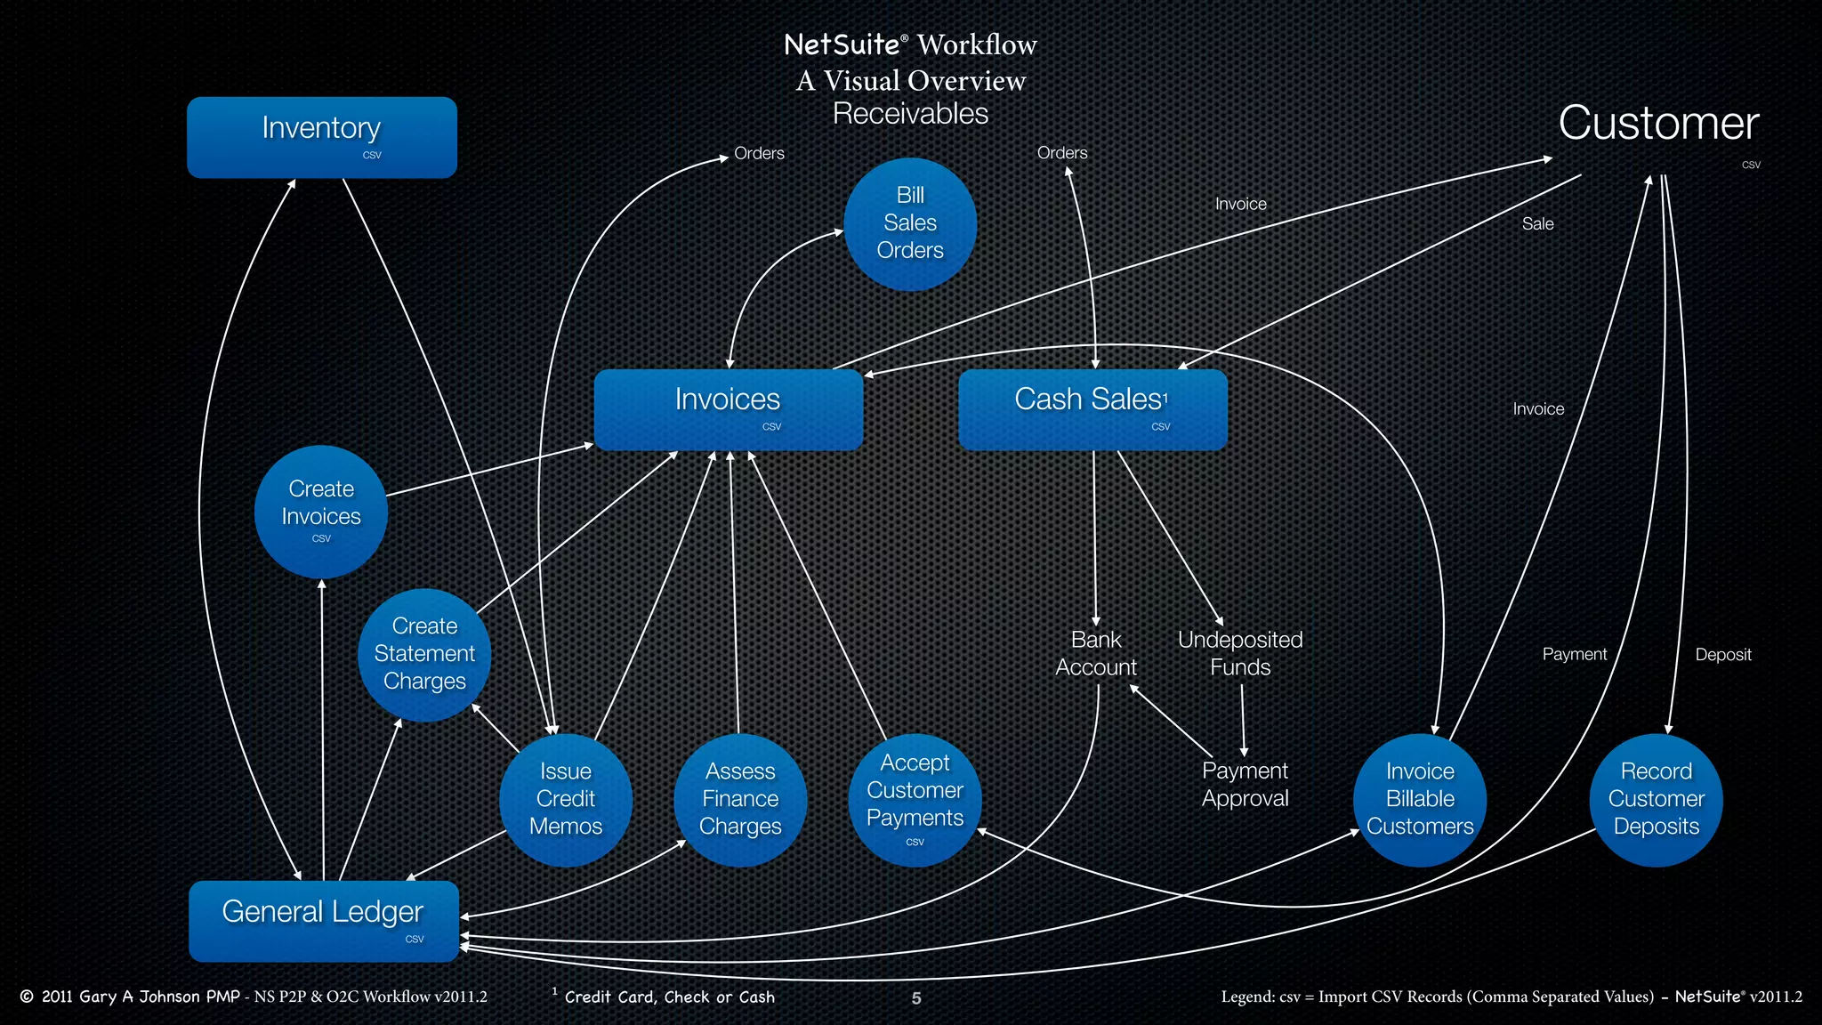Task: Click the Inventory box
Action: click(321, 137)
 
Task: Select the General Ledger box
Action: click(323, 921)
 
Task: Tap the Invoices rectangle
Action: click(728, 408)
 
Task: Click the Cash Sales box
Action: click(1092, 408)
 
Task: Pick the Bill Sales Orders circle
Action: click(910, 223)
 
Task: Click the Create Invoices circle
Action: click(321, 512)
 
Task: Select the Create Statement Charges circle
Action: click(424, 654)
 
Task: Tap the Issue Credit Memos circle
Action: click(566, 799)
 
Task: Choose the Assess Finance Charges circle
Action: click(740, 799)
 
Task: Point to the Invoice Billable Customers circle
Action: click(1420, 799)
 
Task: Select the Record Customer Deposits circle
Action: click(1656, 799)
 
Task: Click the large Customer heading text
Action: click(1658, 123)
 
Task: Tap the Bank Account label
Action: click(1096, 653)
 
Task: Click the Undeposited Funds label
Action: click(1240, 653)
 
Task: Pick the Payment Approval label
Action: click(1245, 784)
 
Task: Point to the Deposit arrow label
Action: click(1722, 655)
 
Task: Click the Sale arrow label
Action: click(1537, 224)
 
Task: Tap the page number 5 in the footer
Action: click(916, 998)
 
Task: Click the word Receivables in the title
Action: click(910, 114)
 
